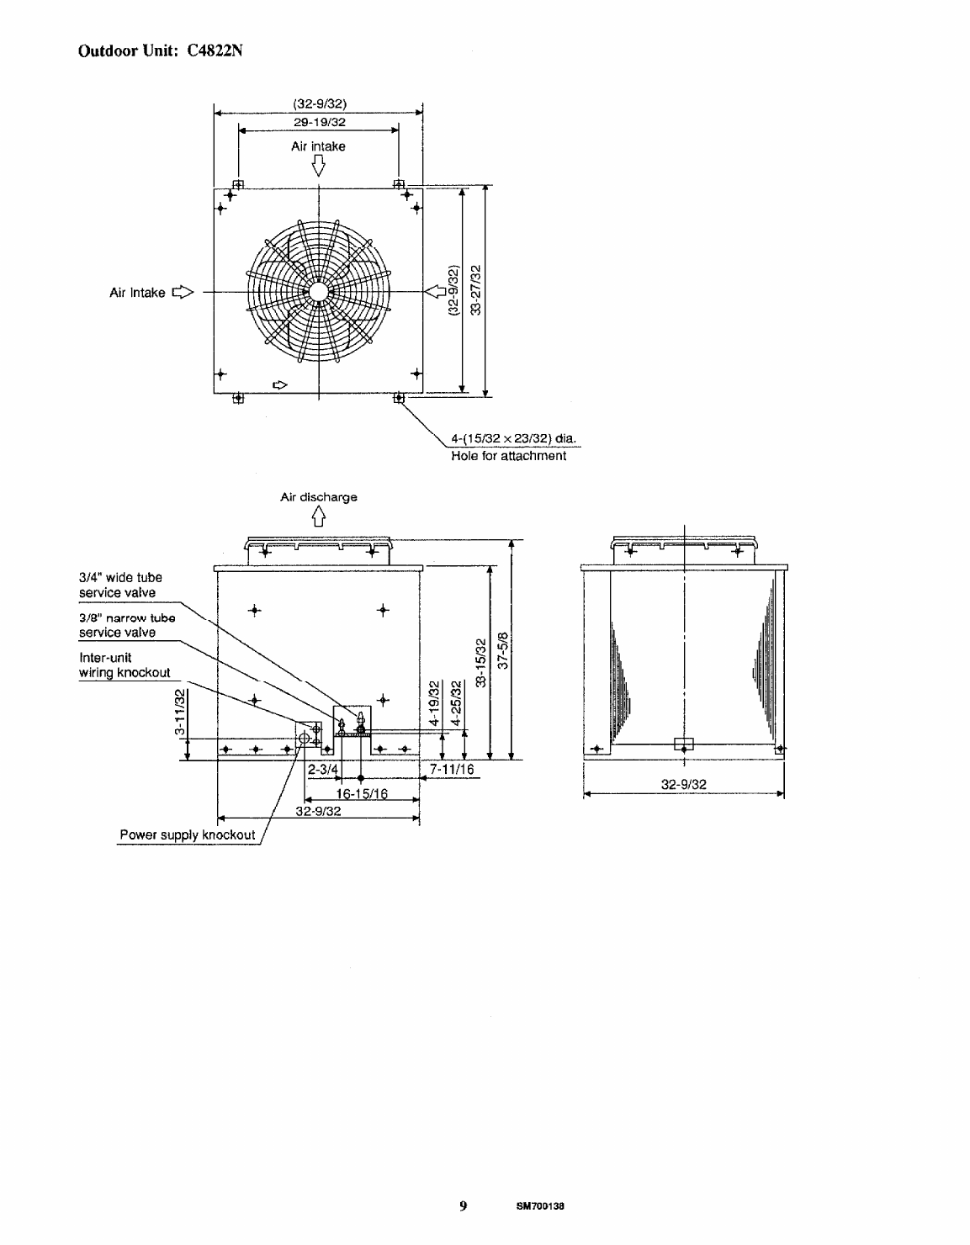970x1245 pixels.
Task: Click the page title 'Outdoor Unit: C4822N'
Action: click(x=161, y=51)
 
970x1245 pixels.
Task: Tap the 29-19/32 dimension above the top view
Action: click(x=320, y=122)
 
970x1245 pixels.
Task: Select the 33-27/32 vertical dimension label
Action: click(x=475, y=290)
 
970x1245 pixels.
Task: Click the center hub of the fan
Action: click(x=319, y=292)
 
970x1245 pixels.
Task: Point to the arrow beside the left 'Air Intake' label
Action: click(x=183, y=292)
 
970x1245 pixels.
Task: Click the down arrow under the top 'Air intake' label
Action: click(x=319, y=167)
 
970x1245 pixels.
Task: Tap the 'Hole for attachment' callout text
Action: click(x=508, y=455)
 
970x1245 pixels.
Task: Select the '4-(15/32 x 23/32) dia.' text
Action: click(x=513, y=439)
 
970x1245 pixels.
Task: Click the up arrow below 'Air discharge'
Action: click(x=319, y=517)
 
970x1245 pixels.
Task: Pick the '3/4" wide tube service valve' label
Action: click(x=120, y=585)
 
